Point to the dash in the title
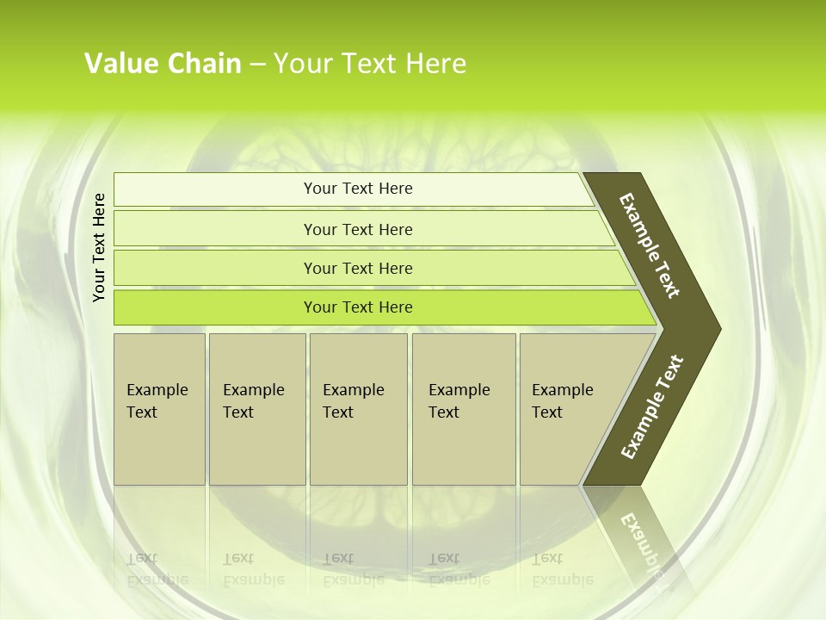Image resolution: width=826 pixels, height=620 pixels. tap(257, 65)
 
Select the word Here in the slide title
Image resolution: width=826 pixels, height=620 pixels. tap(435, 64)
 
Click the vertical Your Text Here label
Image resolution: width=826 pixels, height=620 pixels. tap(99, 247)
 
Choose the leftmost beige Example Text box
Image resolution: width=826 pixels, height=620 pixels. tap(159, 409)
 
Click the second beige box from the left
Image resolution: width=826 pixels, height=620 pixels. tap(256, 409)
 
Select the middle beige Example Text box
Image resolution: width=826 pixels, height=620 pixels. tap(358, 409)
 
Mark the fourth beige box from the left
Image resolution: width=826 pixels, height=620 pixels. tap(464, 409)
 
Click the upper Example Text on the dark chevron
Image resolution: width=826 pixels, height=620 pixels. tap(650, 245)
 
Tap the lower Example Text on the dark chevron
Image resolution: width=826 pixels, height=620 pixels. tap(652, 406)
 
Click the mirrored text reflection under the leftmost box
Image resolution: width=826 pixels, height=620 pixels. tap(157, 569)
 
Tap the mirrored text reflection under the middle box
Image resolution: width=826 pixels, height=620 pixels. tap(353, 569)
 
